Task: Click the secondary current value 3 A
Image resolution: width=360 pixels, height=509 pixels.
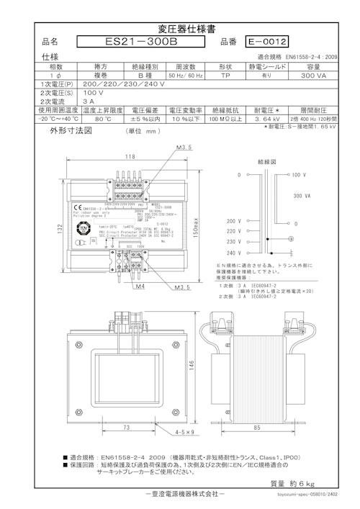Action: [x=68, y=102]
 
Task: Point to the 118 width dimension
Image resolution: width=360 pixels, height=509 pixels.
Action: [x=130, y=156]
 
